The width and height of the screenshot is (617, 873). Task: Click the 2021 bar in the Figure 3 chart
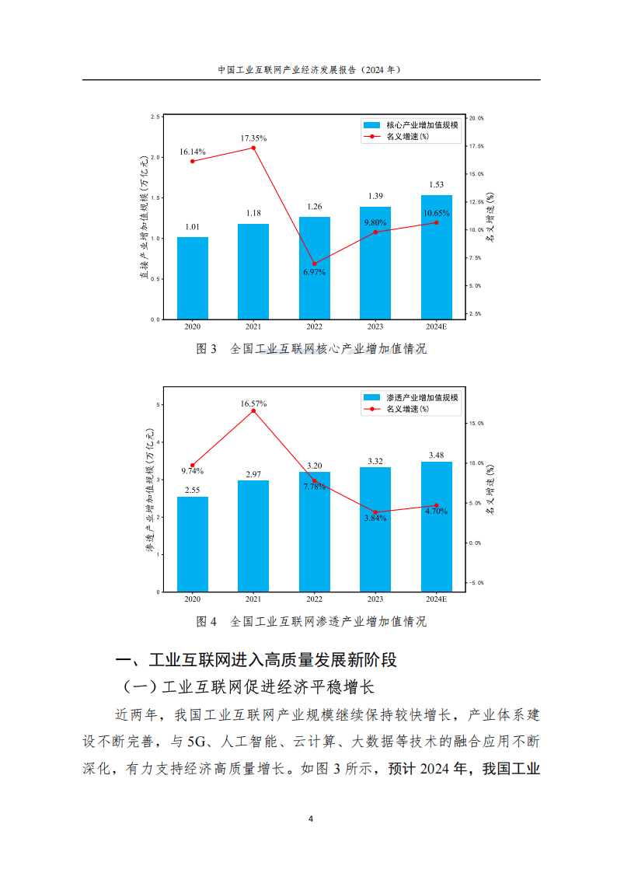coord(253,271)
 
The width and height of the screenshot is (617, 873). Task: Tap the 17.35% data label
coord(253,137)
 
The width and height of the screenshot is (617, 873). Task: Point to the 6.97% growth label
coord(314,272)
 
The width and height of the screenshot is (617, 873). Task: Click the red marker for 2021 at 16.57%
coord(253,410)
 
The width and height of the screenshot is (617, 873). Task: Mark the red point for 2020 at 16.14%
coord(192,161)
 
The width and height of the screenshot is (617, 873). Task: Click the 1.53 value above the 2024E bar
coord(436,185)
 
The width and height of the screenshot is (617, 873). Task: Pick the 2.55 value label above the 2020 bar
coord(192,490)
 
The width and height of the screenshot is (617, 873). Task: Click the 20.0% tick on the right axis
coord(476,118)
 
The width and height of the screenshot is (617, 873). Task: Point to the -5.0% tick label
coord(475,582)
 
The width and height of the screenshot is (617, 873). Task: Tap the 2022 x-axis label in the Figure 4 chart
coord(314,599)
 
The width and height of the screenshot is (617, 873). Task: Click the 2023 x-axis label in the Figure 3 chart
coord(375,327)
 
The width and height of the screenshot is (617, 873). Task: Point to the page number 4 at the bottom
coord(310,819)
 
